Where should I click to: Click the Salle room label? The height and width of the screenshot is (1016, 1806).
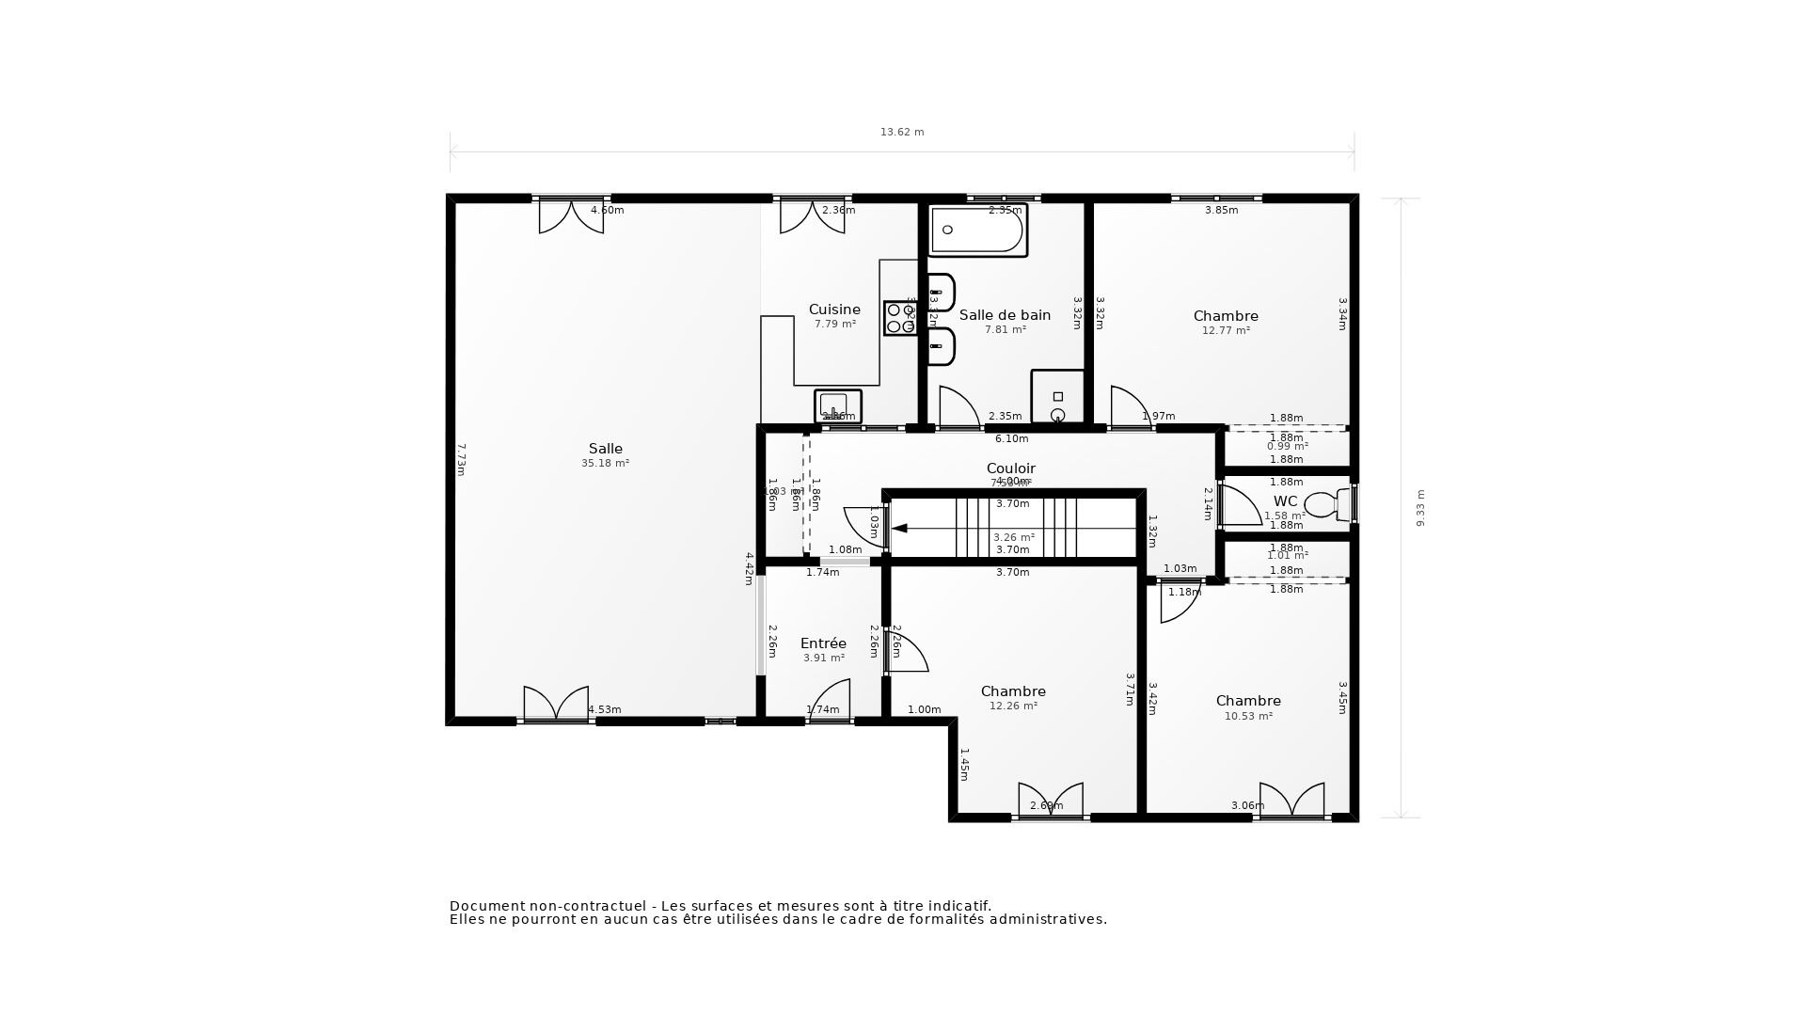pyautogui.click(x=605, y=449)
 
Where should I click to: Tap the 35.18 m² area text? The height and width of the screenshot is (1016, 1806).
pyautogui.click(x=605, y=464)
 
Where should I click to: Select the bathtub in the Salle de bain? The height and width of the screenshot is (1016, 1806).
pyautogui.click(x=977, y=230)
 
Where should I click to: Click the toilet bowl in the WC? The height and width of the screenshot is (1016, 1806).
pyautogui.click(x=1322, y=505)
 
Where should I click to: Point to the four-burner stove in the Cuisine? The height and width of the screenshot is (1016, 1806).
pyautogui.click(x=900, y=318)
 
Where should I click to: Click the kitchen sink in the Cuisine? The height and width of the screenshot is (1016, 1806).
pyautogui.click(x=837, y=405)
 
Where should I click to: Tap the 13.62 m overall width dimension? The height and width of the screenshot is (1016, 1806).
pyautogui.click(x=902, y=133)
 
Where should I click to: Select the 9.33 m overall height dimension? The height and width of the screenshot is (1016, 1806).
pyautogui.click(x=1420, y=508)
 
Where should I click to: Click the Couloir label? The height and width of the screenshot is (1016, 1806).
pyautogui.click(x=1010, y=468)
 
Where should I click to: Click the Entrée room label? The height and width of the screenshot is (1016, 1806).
pyautogui.click(x=823, y=643)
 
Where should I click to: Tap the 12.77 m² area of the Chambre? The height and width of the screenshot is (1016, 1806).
pyautogui.click(x=1226, y=331)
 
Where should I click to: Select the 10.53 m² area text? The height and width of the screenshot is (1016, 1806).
pyautogui.click(x=1248, y=716)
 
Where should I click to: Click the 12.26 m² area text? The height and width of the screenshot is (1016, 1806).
pyautogui.click(x=1013, y=706)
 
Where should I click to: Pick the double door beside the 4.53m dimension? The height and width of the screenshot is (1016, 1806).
pyautogui.click(x=556, y=703)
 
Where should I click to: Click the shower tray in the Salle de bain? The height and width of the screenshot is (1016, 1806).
pyautogui.click(x=1057, y=397)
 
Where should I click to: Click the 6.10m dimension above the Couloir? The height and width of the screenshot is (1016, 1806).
pyautogui.click(x=1011, y=439)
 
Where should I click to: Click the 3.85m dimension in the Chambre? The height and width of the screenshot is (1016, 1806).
pyautogui.click(x=1221, y=211)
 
